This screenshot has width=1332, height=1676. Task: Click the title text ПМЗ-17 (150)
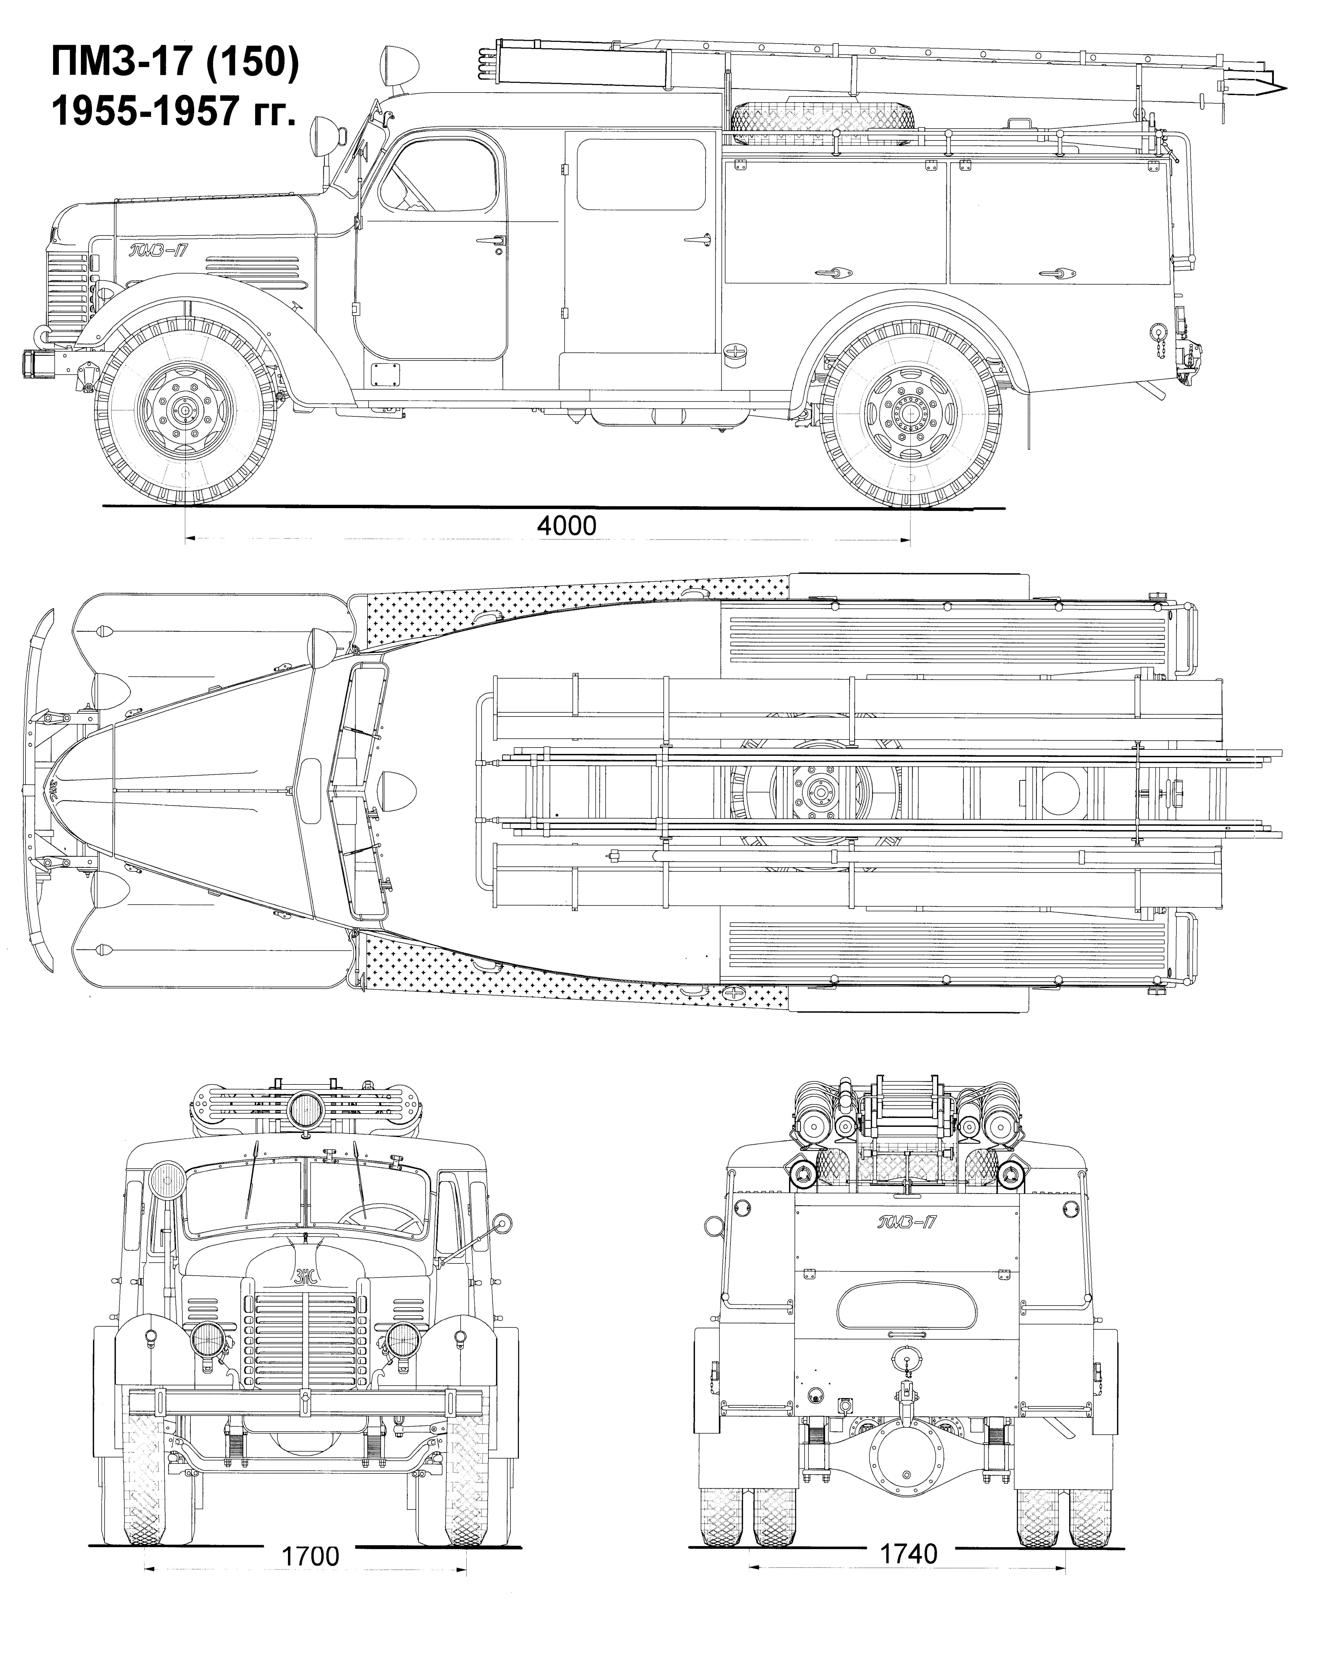tap(175, 62)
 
